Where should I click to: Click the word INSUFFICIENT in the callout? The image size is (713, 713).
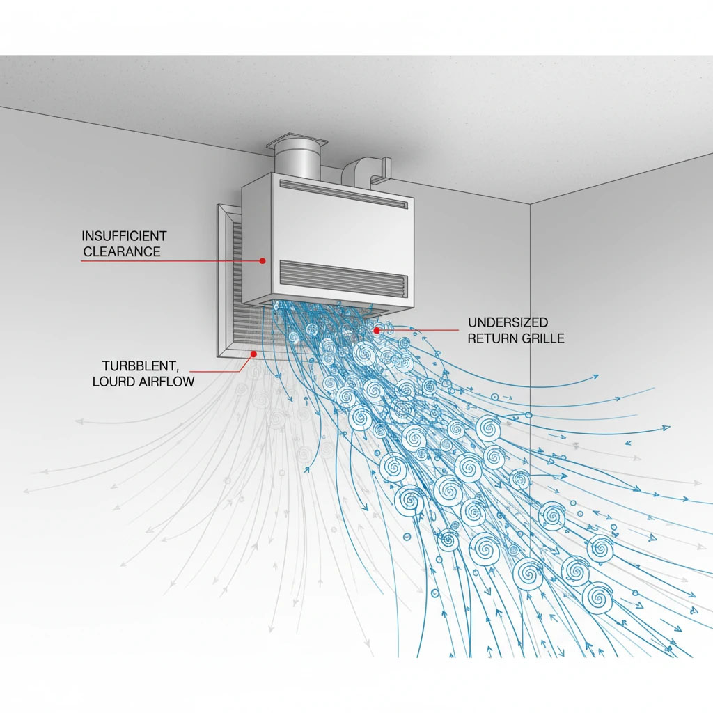(124, 236)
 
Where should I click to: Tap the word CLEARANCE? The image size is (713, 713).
(122, 251)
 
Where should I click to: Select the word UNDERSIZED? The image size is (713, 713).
(508, 322)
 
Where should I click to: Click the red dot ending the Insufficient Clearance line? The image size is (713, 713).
(263, 260)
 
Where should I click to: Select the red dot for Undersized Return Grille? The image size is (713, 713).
(377, 331)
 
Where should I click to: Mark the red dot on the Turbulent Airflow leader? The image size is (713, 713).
(254, 354)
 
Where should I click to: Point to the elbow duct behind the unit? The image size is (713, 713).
(366, 172)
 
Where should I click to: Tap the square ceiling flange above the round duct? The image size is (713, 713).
(297, 142)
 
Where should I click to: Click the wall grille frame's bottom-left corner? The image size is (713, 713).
(217, 358)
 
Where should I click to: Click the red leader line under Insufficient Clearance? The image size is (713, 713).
(171, 261)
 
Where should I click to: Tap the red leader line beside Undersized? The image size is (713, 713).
(418, 329)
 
